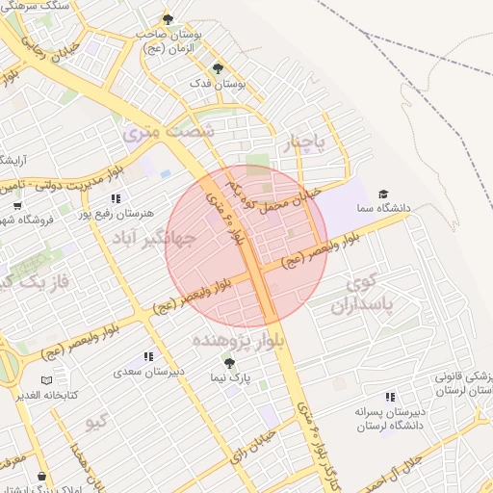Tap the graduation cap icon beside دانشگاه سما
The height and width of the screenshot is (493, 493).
point(384,194)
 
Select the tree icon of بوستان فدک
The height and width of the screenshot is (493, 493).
point(217,68)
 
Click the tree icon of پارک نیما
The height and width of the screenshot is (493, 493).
point(229,362)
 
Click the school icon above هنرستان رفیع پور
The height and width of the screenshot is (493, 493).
point(116,197)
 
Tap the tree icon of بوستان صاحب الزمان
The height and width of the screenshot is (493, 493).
point(168,19)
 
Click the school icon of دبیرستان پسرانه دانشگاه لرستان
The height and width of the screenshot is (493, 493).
point(390,396)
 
